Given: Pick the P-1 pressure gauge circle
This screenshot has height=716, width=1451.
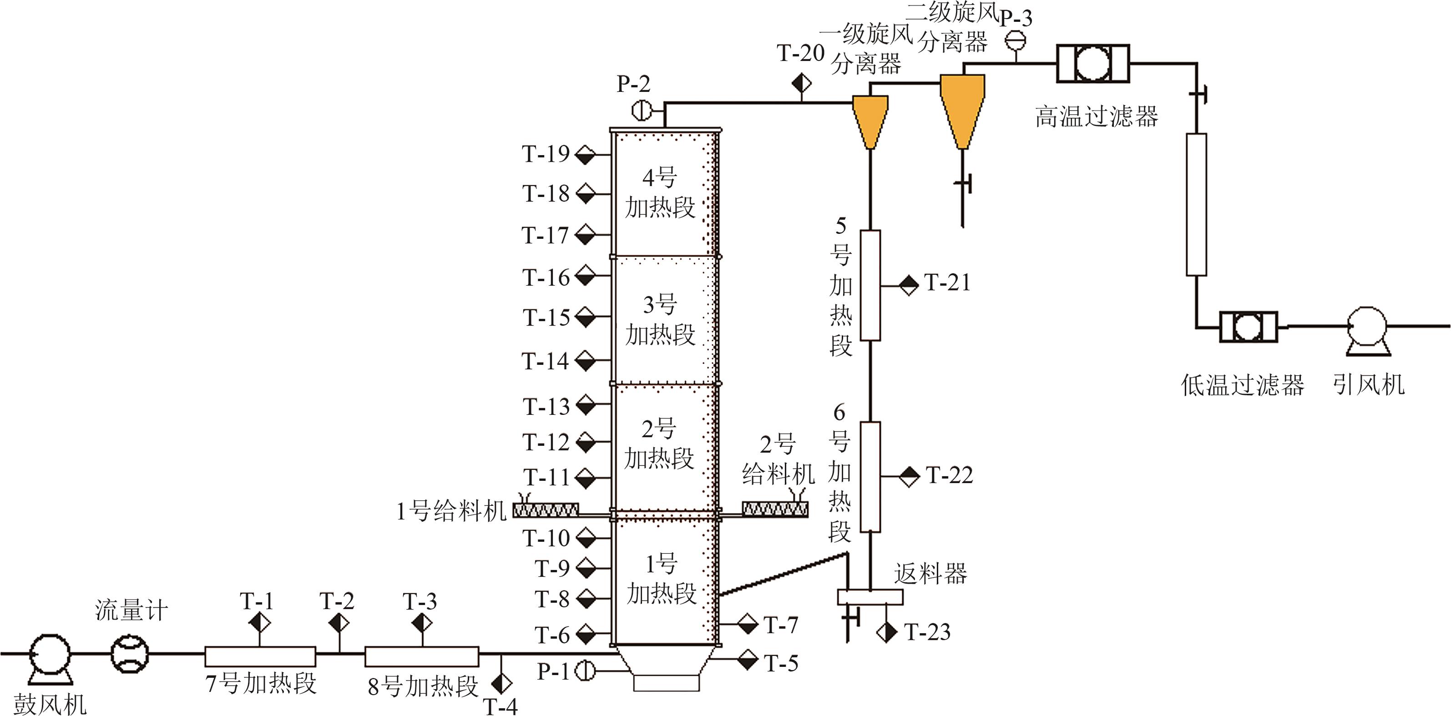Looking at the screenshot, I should [x=585, y=671].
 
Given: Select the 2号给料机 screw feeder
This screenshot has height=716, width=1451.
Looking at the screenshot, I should [x=775, y=509].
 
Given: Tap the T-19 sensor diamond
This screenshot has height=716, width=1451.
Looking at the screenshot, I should [x=585, y=154].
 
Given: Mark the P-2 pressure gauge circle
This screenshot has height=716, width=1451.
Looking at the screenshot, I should [x=641, y=109].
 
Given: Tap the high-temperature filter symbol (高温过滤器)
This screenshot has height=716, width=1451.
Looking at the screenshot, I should [x=1092, y=64].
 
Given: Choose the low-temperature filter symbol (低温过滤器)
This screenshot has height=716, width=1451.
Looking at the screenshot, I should [x=1248, y=327].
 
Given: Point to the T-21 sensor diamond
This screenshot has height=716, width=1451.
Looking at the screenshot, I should [x=909, y=286].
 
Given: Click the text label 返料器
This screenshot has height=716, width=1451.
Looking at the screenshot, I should [x=930, y=574].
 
